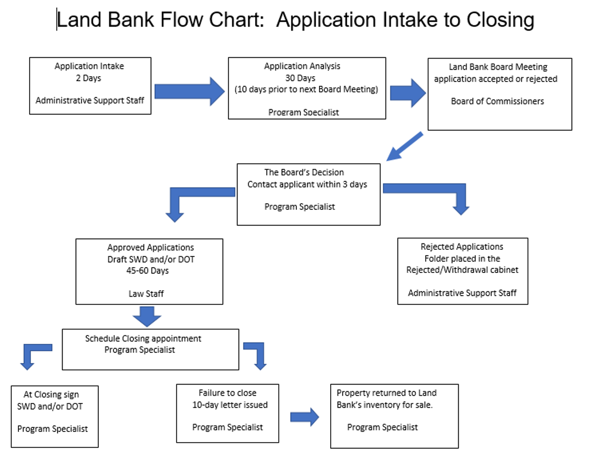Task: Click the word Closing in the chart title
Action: [500, 20]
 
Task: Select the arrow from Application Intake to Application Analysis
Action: [190, 92]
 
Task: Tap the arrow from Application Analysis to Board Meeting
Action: [408, 93]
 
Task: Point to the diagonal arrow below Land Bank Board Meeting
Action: [404, 146]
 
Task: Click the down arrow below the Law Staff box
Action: [147, 317]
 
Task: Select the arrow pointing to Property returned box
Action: [304, 417]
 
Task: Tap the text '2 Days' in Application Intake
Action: [89, 78]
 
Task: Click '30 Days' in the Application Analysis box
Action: [300, 78]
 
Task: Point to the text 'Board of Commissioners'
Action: [497, 101]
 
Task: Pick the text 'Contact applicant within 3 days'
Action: [307, 184]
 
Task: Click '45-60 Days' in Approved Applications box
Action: [147, 271]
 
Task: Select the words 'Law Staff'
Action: [146, 294]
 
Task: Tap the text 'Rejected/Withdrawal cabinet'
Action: [462, 270]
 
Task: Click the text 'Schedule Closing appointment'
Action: [143, 339]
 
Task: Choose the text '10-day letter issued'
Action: [230, 405]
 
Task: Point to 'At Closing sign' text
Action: [51, 395]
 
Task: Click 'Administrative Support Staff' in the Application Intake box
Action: [90, 100]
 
